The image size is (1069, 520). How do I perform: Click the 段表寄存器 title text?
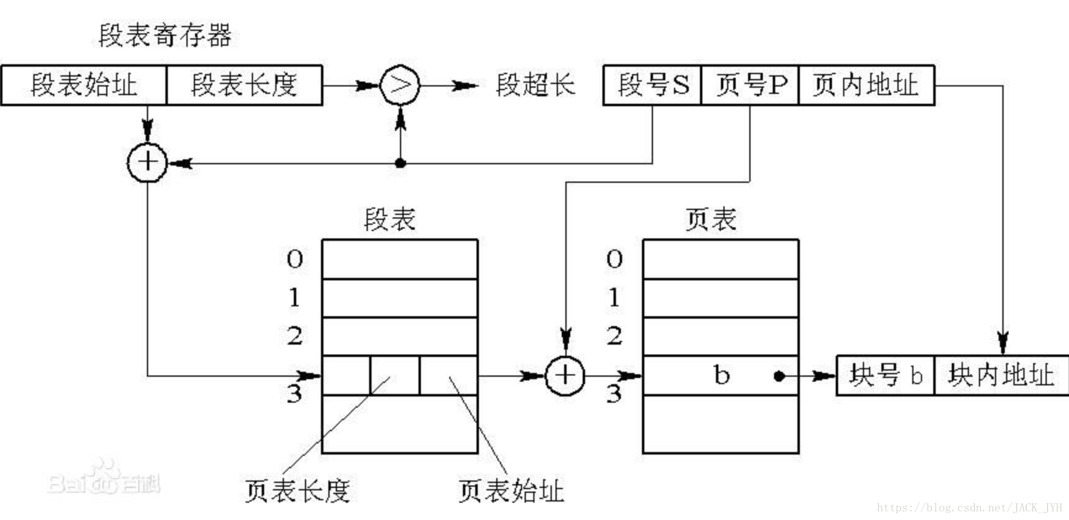(x=165, y=35)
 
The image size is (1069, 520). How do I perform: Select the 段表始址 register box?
(x=84, y=85)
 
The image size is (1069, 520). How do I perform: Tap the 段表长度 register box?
(x=244, y=85)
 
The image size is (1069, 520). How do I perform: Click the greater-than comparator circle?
(x=400, y=85)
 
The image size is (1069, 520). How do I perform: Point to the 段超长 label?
(x=535, y=85)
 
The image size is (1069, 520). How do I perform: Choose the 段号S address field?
(x=652, y=85)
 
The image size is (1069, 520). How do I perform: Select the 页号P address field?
(x=750, y=85)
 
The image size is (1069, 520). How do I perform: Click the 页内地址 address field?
(x=866, y=85)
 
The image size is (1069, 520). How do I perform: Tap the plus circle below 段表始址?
(x=147, y=162)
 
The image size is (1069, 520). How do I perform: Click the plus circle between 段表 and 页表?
(x=565, y=375)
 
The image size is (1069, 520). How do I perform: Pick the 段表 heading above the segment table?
(x=390, y=219)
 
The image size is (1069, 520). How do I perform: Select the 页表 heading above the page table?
(x=711, y=219)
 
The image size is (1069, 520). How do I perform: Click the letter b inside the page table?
(x=721, y=375)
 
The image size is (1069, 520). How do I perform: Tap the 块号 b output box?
(x=886, y=375)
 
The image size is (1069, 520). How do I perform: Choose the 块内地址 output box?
(x=1000, y=375)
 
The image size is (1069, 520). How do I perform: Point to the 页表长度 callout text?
(x=297, y=491)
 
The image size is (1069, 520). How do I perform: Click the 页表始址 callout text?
(x=511, y=491)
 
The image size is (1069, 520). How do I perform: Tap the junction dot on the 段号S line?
(x=401, y=163)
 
